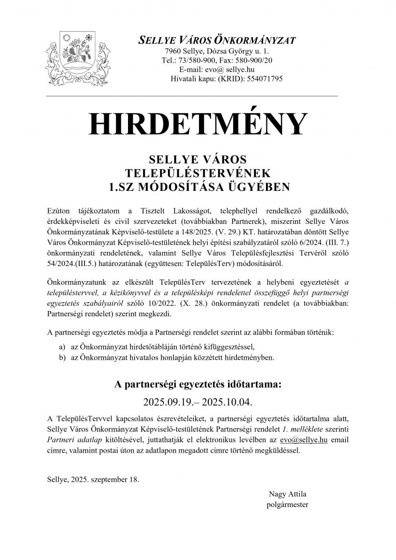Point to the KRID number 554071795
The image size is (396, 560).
pos(263,78)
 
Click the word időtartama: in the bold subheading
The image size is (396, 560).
pos(251,385)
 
